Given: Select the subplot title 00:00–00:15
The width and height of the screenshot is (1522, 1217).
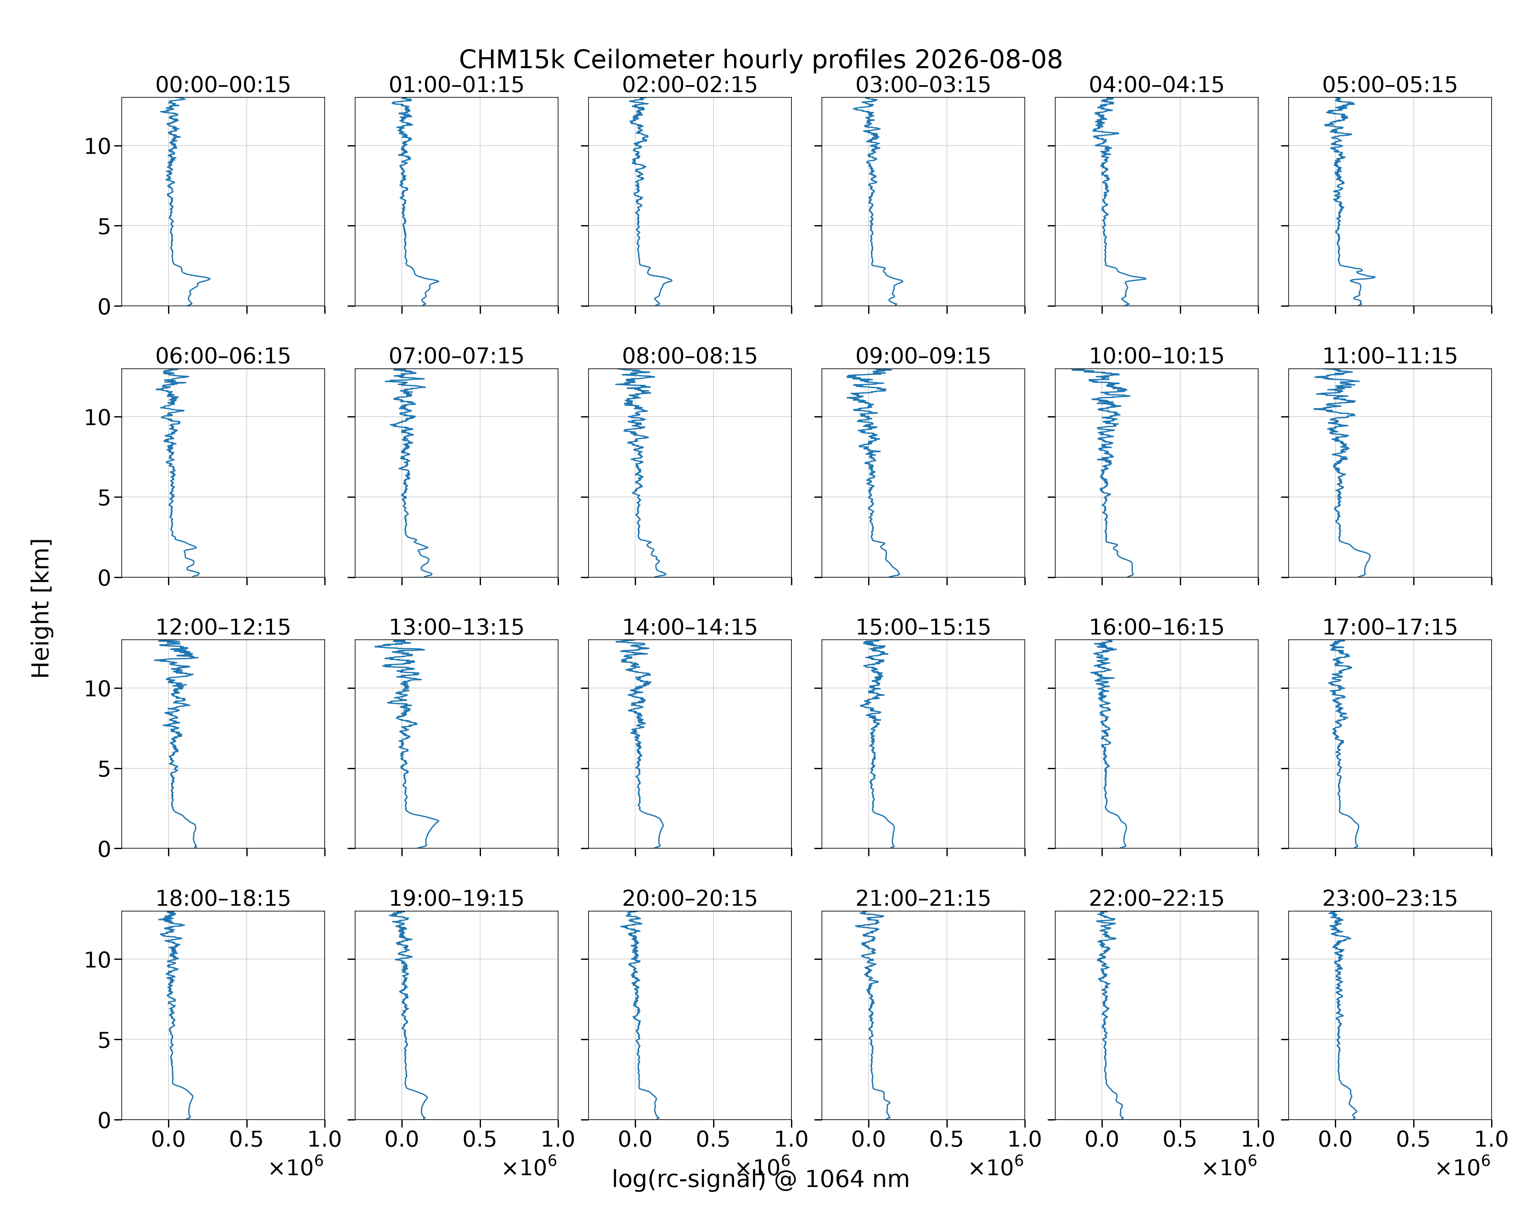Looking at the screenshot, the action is [223, 85].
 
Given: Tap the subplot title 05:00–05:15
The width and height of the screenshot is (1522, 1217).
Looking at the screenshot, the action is [1390, 85].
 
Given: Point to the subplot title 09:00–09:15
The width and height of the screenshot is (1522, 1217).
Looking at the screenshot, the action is [923, 356].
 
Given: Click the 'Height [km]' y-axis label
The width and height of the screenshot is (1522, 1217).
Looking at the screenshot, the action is [41, 608].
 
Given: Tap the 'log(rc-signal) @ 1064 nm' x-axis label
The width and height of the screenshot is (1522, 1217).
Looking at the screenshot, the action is [761, 1179].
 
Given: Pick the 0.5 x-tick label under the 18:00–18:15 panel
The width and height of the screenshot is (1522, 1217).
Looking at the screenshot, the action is [246, 1140].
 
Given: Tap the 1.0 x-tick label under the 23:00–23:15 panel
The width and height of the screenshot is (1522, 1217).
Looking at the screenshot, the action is [1491, 1140].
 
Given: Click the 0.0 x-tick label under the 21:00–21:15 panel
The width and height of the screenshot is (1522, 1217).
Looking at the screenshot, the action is [868, 1140].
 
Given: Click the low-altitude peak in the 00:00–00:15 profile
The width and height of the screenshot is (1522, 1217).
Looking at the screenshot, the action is [209, 279].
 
